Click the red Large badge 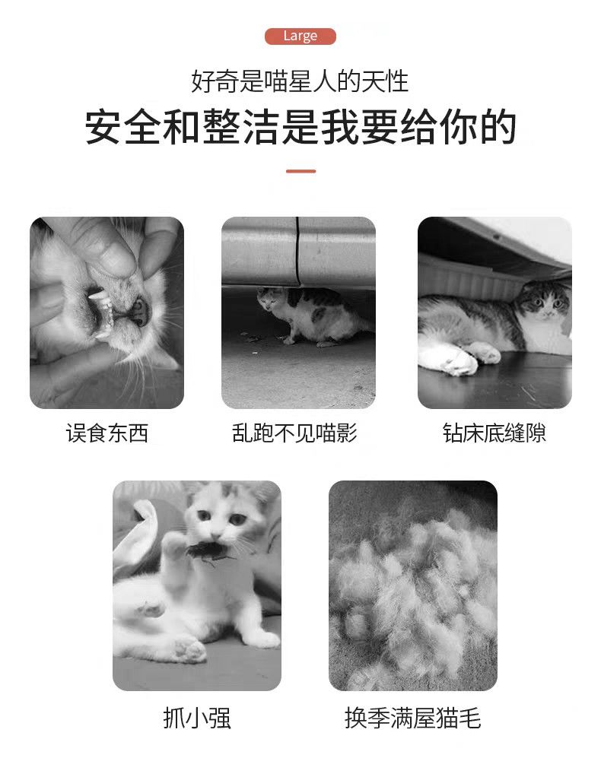pos(300,36)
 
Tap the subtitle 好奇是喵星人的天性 pos(300,81)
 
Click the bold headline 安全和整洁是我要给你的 pos(300,128)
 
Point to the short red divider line pos(300,172)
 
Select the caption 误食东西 pos(107,433)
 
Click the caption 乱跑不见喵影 pos(294,433)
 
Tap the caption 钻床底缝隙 pos(494,433)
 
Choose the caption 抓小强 pos(197,718)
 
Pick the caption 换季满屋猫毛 pos(412,718)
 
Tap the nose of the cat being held pos(139,311)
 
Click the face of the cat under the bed pos(545,299)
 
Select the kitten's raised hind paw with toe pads pos(190,649)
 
